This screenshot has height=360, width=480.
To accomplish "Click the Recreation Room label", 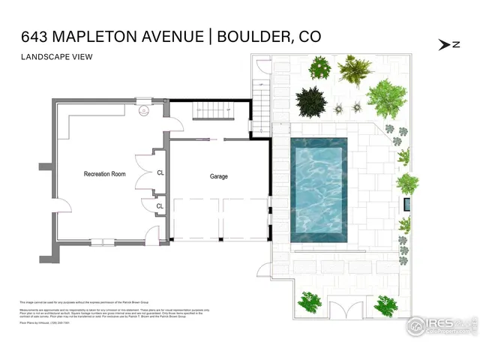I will tap(104, 174).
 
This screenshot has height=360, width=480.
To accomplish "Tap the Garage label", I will tap(219, 177).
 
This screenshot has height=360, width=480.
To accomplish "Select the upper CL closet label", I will tap(160, 172).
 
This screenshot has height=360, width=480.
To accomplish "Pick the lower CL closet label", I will tap(160, 205).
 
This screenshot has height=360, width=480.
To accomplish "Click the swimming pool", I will tap(318, 190).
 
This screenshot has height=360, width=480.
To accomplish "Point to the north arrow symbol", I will tap(449, 44).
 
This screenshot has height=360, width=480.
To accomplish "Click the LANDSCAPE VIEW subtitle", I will tap(52, 57).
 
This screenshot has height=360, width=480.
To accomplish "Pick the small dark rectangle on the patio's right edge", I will tap(407, 204).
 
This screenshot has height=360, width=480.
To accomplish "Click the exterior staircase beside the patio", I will tap(262, 94).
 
